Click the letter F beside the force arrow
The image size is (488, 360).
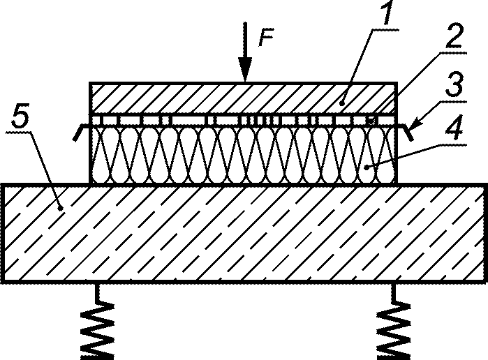[x=266, y=38]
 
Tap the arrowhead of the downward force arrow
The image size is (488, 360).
[x=246, y=69]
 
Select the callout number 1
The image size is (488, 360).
[x=386, y=13]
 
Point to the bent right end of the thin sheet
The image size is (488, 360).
[x=406, y=131]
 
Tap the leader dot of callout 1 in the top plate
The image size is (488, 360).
[x=342, y=103]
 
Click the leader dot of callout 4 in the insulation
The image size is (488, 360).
[x=367, y=167]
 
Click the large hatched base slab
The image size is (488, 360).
[x=244, y=233]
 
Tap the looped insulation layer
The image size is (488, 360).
[x=244, y=155]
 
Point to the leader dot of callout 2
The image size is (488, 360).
[x=371, y=121]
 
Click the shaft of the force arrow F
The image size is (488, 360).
[x=246, y=40]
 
